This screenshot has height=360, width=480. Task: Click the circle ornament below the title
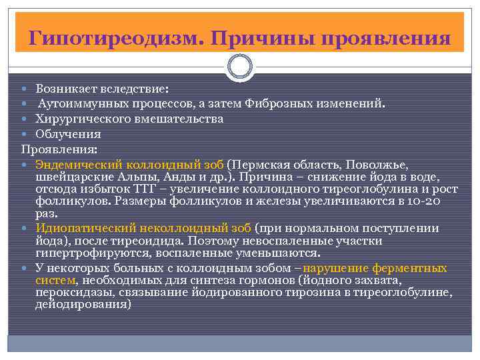240,67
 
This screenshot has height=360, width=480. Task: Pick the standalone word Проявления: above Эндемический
59,148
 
